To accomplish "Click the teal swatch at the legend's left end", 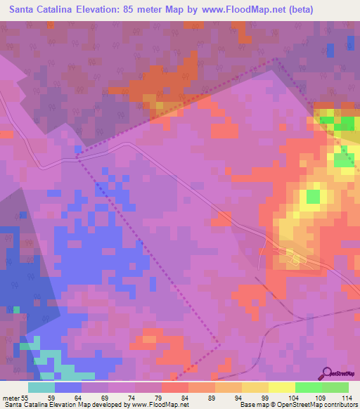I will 41,387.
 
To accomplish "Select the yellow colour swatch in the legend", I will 281,387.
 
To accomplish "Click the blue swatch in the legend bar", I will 68,387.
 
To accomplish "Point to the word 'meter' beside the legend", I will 10,397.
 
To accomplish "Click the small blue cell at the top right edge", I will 330,49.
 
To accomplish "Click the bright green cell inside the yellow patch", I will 313,195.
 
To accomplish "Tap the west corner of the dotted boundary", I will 76,157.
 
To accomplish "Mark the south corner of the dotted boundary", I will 219,344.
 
